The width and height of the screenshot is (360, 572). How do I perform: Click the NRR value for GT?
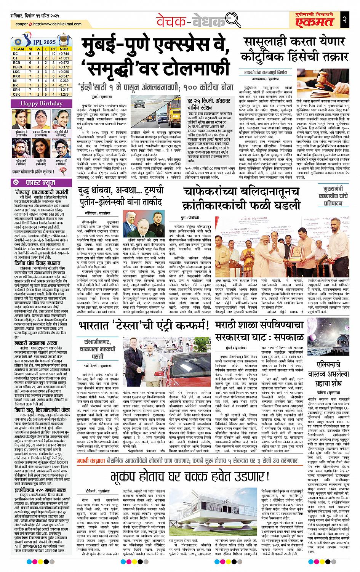pos(64,58)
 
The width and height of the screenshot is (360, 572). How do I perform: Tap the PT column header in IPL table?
pos(54,49)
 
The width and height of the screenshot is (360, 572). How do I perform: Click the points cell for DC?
pos(54,54)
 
